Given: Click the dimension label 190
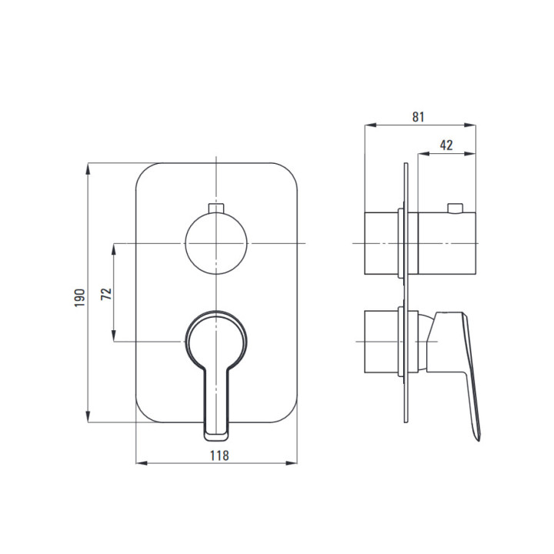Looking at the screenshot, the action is point(80,298).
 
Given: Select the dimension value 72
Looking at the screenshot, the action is point(106,294).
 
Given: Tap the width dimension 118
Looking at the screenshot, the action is point(219,456).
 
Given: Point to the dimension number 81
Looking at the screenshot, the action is point(418,117).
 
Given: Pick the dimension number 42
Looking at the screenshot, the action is point(446,145).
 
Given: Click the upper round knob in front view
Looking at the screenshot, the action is point(216,243).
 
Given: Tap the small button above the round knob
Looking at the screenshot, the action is point(216,208).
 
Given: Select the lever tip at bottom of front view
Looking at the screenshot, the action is point(216,436).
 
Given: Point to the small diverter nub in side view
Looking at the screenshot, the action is point(455,208).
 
